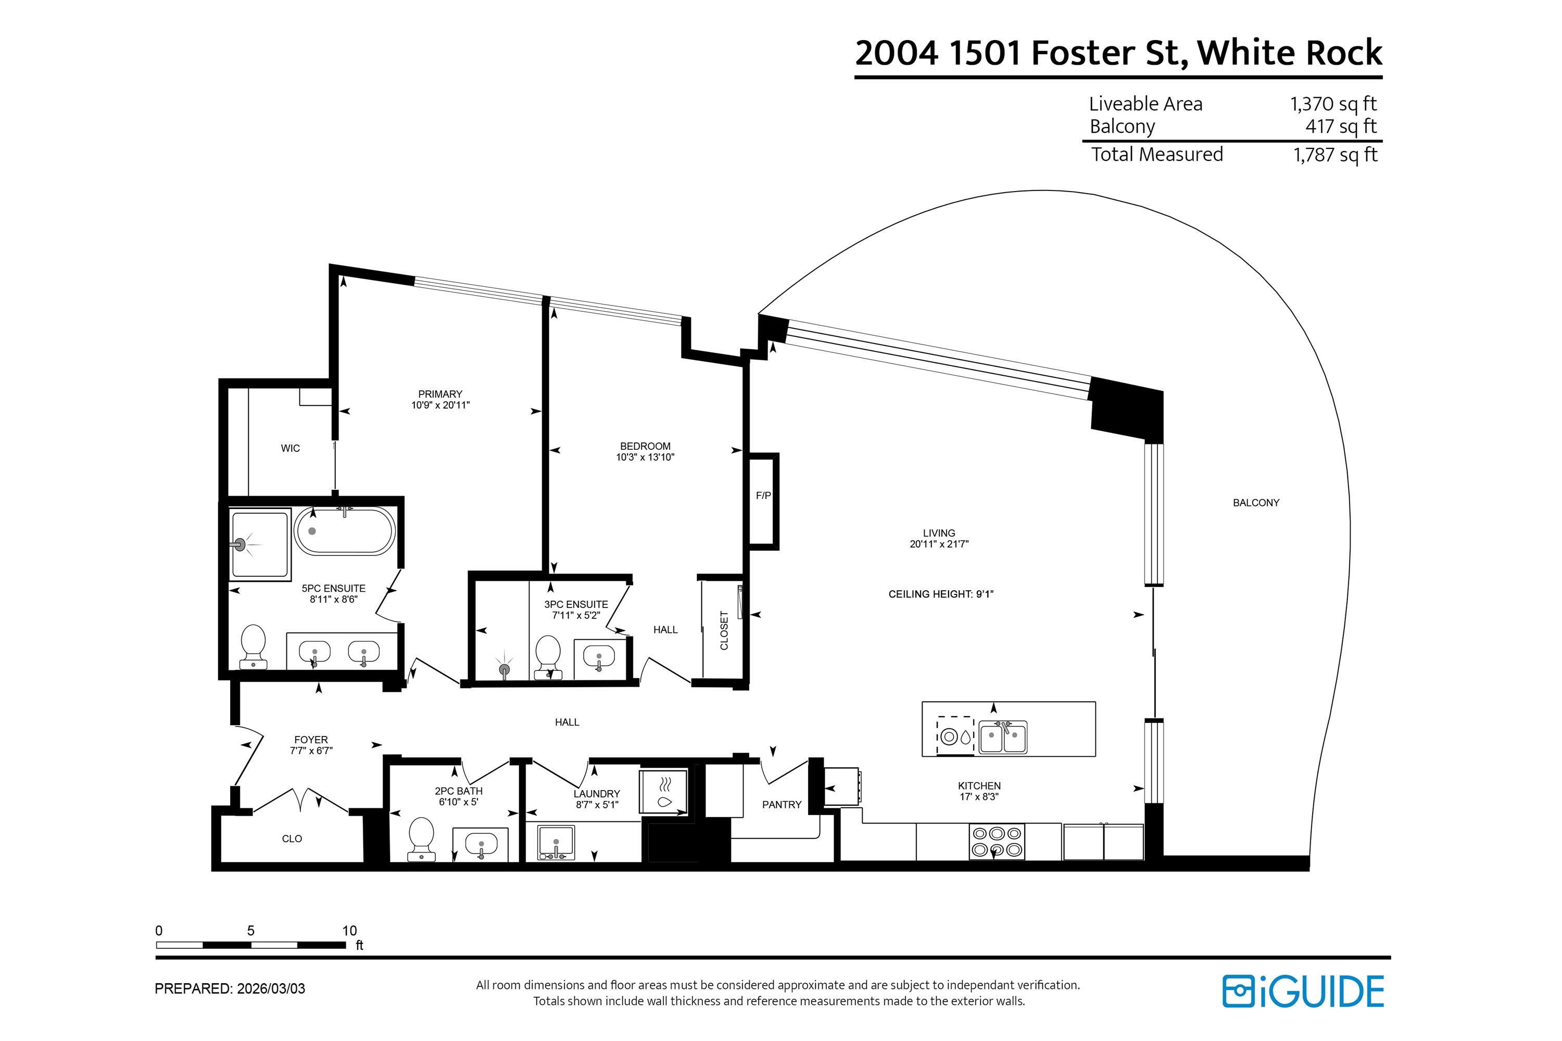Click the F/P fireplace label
coord(763,496)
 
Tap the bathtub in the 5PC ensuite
coord(345,531)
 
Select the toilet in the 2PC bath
coord(422,839)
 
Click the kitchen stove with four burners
coord(996,841)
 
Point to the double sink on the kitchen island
coord(1003,737)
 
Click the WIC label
coord(290,448)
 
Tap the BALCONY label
coord(1255,503)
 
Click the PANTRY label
coord(781,805)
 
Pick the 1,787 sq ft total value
coord(1335,155)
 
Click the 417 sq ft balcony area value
coord(1340,126)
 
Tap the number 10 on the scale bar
coord(349,931)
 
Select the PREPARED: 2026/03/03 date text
coord(230,988)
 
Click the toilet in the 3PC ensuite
coord(548,656)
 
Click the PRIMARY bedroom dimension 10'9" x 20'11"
coord(440,405)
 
